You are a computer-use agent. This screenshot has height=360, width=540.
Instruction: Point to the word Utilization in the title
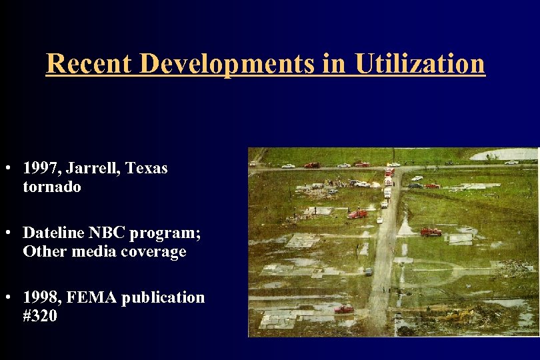coord(420,63)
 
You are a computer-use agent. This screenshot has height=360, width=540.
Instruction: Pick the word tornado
coord(52,187)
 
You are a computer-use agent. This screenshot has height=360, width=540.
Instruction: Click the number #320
coord(40,316)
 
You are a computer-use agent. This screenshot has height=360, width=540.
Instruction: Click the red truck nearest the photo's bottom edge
coord(344,309)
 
